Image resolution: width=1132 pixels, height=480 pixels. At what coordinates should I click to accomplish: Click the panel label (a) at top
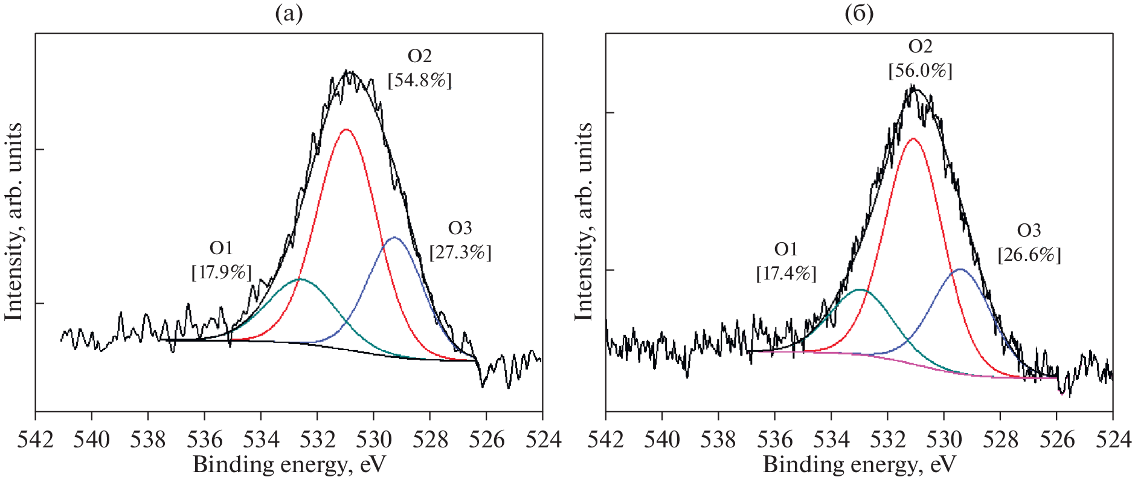[x=289, y=13]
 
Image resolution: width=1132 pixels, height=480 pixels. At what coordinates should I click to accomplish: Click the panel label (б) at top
[x=859, y=13]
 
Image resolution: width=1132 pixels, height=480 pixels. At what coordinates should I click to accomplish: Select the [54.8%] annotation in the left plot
[x=420, y=80]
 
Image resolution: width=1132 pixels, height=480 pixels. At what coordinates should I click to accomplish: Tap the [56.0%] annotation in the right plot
[x=920, y=71]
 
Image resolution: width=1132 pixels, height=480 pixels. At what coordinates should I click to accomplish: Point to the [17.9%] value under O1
[x=221, y=272]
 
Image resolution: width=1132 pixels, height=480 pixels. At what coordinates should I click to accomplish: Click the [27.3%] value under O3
[x=460, y=252]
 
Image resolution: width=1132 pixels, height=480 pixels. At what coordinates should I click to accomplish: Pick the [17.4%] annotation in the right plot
[x=786, y=274]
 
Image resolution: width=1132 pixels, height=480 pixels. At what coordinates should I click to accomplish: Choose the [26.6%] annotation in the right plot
[x=1029, y=255]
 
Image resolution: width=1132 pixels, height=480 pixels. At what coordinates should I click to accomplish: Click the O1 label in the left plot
[x=221, y=248]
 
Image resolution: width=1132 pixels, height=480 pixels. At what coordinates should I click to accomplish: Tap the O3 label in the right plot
[x=1029, y=231]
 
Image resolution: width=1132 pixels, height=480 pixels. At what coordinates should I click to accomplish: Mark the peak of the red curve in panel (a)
[x=346, y=129]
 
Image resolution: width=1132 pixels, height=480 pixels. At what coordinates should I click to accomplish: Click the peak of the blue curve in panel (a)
[x=394, y=237]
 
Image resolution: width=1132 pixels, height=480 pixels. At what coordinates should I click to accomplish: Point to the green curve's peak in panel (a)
[x=300, y=279]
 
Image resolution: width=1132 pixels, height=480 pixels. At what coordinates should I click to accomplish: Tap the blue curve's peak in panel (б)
[x=959, y=269]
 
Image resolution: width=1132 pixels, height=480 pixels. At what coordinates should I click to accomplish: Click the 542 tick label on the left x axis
[x=35, y=439]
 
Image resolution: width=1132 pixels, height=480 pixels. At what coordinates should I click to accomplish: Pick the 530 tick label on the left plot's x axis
[x=374, y=439]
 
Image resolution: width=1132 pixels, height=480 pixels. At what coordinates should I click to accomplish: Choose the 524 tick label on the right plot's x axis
[x=1113, y=439]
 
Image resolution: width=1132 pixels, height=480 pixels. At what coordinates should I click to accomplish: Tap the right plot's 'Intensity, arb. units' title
[x=583, y=222]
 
